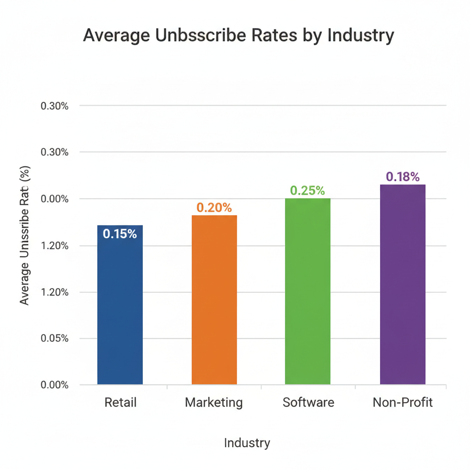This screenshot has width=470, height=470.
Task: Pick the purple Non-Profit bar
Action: [x=403, y=285]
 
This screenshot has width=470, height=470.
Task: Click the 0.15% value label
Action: [x=120, y=234]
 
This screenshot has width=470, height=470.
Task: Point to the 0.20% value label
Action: [x=214, y=207]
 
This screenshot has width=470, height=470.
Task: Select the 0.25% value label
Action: [x=308, y=190]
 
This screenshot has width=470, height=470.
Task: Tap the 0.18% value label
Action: [x=403, y=177]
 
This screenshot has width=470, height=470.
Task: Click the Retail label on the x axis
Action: [x=120, y=403]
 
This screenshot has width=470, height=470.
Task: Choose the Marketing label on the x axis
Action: [x=214, y=403]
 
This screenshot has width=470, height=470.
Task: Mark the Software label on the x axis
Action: [x=308, y=403]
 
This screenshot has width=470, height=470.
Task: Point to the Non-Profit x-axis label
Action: [x=403, y=403]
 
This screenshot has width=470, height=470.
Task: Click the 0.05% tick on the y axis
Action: [x=55, y=338]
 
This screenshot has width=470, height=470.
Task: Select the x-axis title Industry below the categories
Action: [x=247, y=442]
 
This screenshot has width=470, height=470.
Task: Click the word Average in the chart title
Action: [x=117, y=36]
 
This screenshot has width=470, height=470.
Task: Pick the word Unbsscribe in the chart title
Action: [x=201, y=36]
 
